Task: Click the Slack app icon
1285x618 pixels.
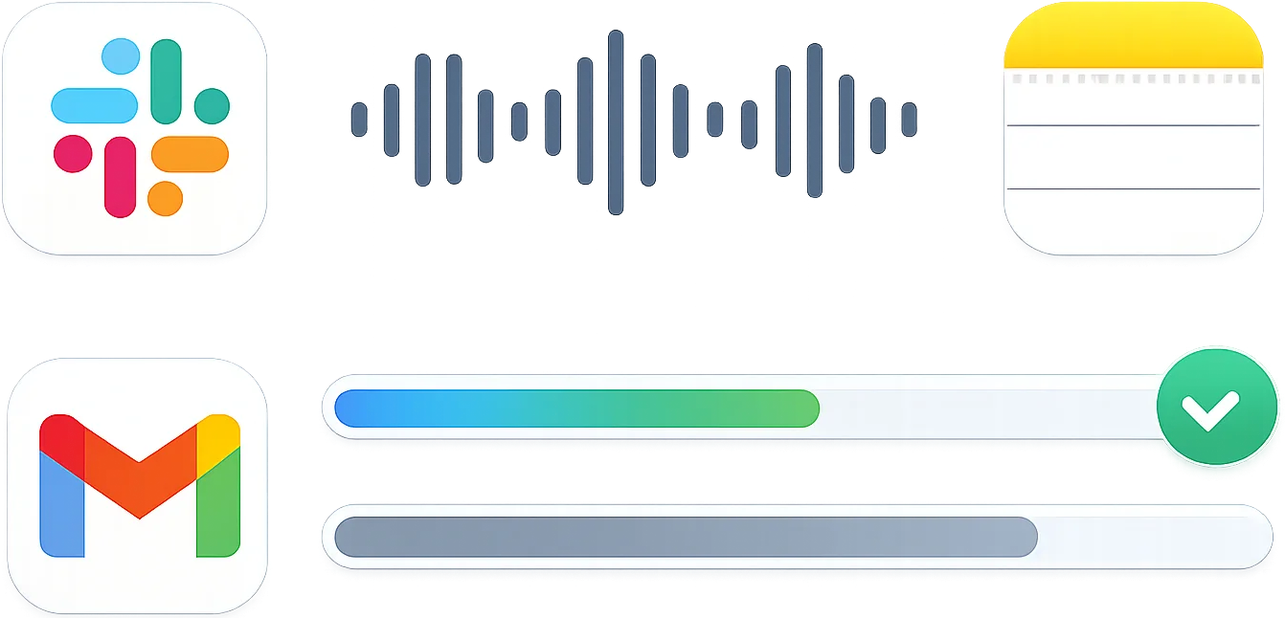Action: (134, 128)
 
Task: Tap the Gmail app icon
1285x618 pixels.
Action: (134, 486)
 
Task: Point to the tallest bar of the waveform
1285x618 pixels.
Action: (616, 121)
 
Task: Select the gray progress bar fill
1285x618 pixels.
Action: (686, 537)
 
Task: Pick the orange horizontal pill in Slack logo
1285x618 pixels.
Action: (190, 153)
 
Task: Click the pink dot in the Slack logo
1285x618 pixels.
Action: (73, 153)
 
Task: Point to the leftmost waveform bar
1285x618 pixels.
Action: (359, 121)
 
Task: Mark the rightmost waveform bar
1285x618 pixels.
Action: (909, 121)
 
